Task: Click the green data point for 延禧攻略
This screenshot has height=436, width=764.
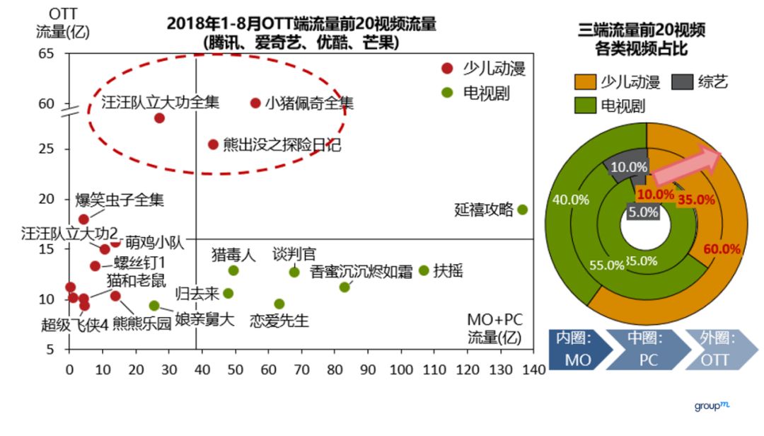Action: (x=522, y=210)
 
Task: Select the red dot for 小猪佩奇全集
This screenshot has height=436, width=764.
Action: (x=255, y=103)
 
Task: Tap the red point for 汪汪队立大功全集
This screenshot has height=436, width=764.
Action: (x=160, y=117)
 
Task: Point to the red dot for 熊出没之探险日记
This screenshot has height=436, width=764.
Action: (x=213, y=144)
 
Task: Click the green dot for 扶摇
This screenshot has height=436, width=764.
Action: (x=424, y=270)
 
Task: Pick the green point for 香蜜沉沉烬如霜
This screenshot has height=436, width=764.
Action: (x=345, y=287)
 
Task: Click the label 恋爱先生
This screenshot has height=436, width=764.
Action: (x=279, y=321)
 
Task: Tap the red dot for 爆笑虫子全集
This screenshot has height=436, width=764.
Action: (x=83, y=219)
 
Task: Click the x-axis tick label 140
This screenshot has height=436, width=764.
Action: (x=535, y=369)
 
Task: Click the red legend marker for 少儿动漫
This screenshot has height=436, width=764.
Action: (x=446, y=69)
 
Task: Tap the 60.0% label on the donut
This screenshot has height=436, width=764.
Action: (x=722, y=249)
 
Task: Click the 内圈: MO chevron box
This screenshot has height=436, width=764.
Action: (x=578, y=349)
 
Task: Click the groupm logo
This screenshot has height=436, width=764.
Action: (x=711, y=406)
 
